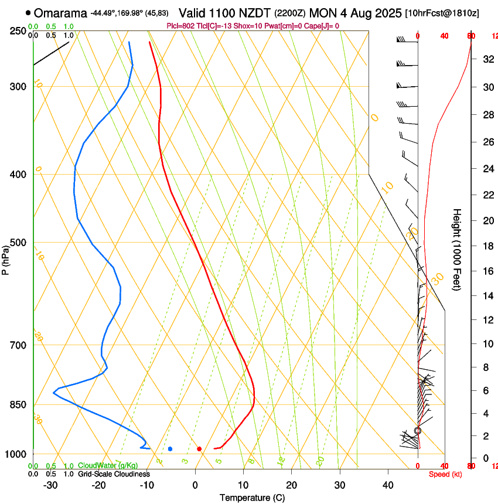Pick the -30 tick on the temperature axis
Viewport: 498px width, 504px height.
pos(50,485)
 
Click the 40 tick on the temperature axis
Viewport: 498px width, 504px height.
pos(388,485)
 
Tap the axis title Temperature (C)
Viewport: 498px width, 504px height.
pos(252,498)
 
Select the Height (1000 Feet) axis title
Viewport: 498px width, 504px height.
pos(458,249)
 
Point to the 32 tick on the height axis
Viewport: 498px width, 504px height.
pos(486,59)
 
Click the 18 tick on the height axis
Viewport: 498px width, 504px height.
pos(486,246)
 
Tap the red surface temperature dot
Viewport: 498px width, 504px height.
pos(199,449)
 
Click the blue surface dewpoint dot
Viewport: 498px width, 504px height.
pos(170,449)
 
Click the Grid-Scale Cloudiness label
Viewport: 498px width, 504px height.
pos(114,474)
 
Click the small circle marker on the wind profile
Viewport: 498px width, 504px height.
pos(418,431)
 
